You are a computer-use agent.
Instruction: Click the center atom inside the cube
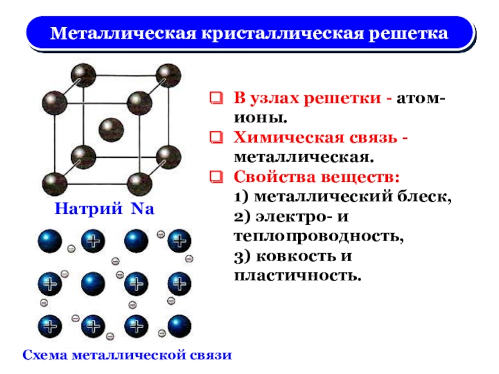click(x=110, y=129)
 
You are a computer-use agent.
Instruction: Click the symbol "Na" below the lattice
click(x=142, y=209)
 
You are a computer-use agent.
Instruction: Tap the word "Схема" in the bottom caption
click(x=45, y=355)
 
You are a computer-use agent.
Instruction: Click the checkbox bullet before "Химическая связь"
click(x=215, y=136)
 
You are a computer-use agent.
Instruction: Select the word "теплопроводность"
click(x=319, y=237)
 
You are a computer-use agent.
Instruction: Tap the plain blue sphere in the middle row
click(x=93, y=284)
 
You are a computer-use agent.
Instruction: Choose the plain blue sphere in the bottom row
click(x=178, y=325)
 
